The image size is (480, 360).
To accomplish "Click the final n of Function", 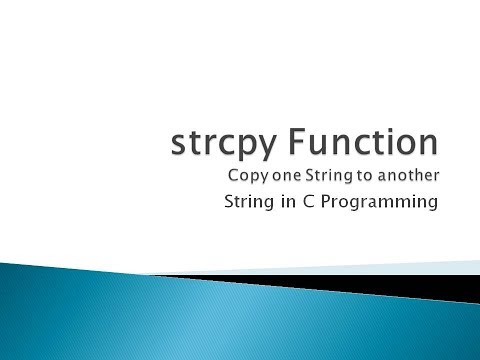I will tap(428, 144).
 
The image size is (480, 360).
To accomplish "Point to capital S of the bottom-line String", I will tap(229, 206).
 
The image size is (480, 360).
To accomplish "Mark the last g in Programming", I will tap(433, 209).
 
